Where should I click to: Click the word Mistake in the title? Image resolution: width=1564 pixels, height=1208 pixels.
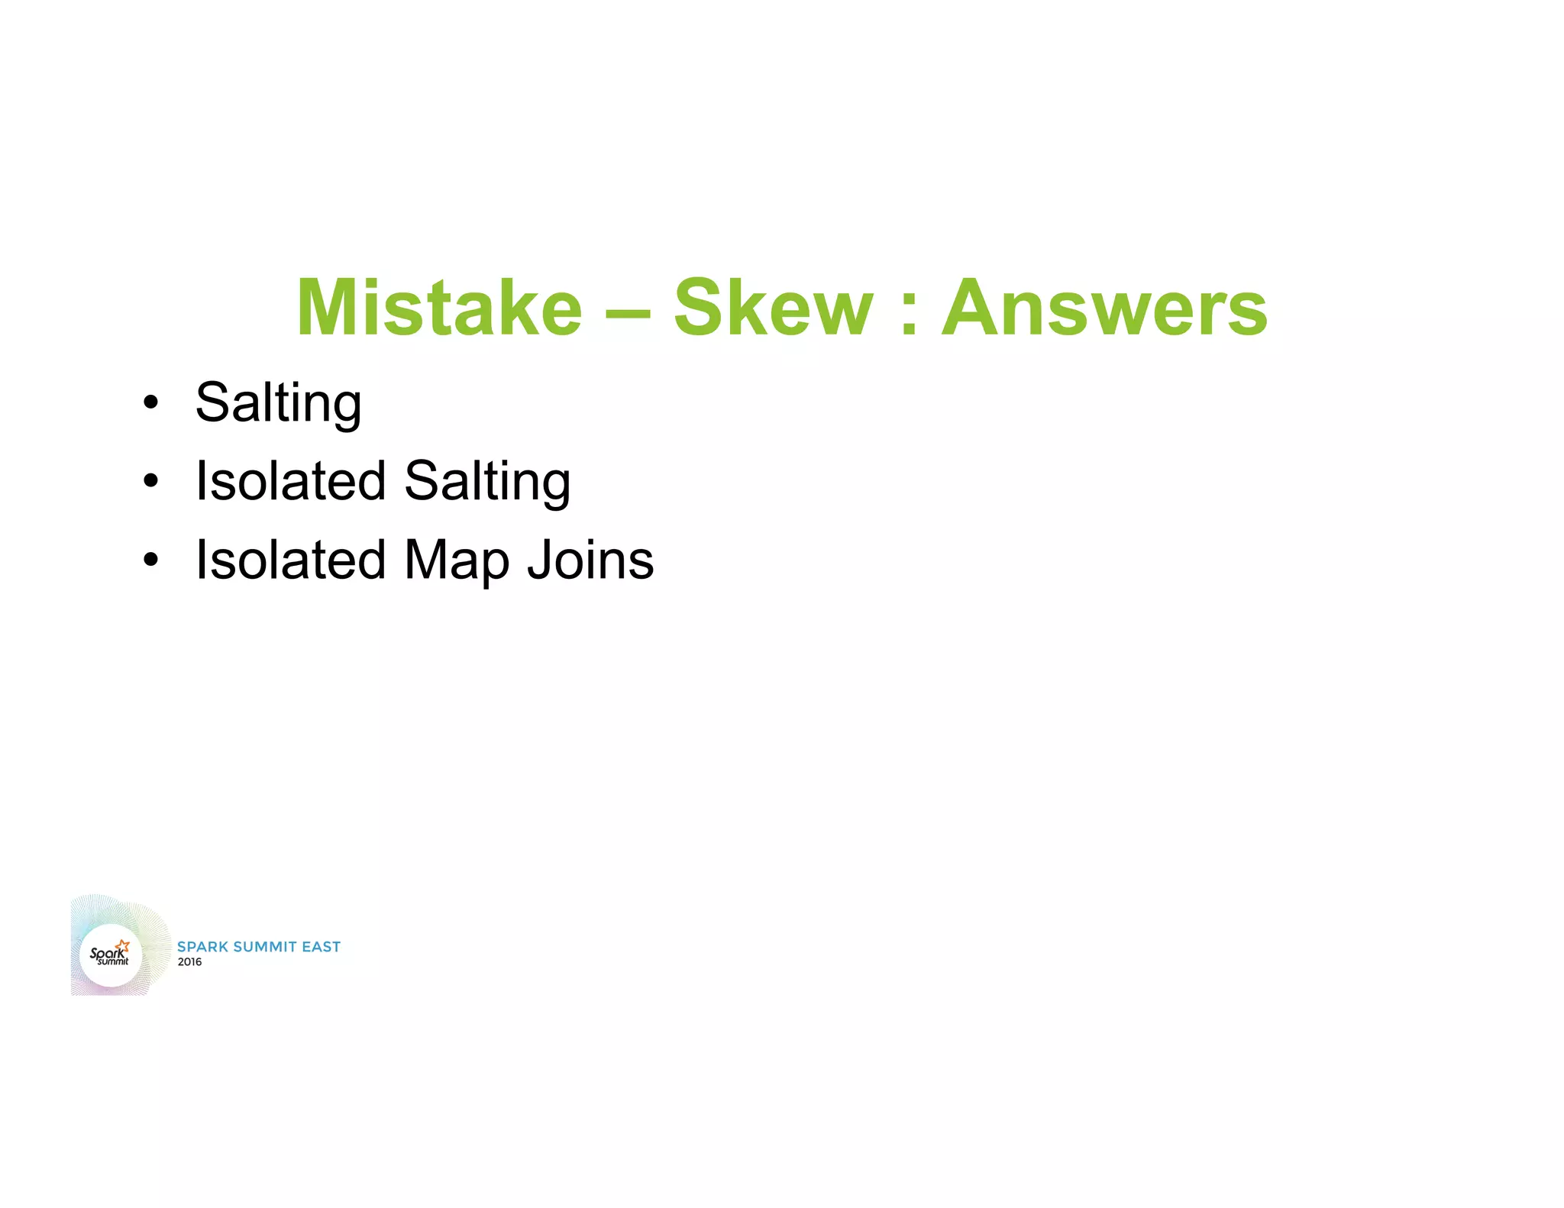tap(439, 307)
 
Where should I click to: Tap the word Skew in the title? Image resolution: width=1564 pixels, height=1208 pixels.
tap(772, 307)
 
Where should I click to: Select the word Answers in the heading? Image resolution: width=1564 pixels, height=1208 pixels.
tap(1104, 307)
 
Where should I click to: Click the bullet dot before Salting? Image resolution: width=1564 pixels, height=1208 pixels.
tap(151, 402)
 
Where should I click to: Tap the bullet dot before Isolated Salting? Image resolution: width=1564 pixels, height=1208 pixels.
tap(151, 481)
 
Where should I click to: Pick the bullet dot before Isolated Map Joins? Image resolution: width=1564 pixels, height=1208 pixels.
tap(151, 560)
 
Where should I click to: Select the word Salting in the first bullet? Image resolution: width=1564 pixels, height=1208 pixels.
tap(279, 402)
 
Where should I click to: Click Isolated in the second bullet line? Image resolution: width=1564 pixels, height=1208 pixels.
tap(290, 481)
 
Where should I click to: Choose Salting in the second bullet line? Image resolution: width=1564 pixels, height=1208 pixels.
tap(487, 481)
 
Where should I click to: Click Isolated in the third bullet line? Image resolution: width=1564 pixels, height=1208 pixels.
tap(290, 560)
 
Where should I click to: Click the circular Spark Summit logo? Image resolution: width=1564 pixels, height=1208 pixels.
tap(111, 955)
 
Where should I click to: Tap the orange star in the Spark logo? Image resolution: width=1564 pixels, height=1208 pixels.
tap(123, 946)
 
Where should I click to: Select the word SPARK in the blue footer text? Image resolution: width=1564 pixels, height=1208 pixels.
tap(202, 947)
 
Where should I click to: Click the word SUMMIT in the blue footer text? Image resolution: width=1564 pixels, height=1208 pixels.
tap(264, 947)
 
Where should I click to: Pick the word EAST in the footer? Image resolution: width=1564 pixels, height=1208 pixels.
tap(321, 947)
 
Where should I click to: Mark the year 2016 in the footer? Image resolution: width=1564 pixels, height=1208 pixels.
tap(189, 962)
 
